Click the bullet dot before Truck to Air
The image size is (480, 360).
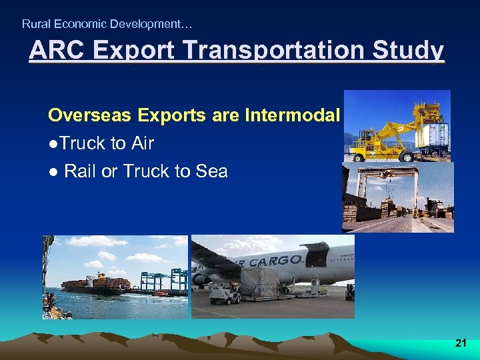coord(52,144)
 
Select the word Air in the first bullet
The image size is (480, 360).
coord(142,143)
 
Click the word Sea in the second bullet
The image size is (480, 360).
coord(211,171)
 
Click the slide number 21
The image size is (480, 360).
coord(460,343)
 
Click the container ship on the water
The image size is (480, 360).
coord(93,283)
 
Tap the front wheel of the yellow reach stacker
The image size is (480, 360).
coord(365,153)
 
